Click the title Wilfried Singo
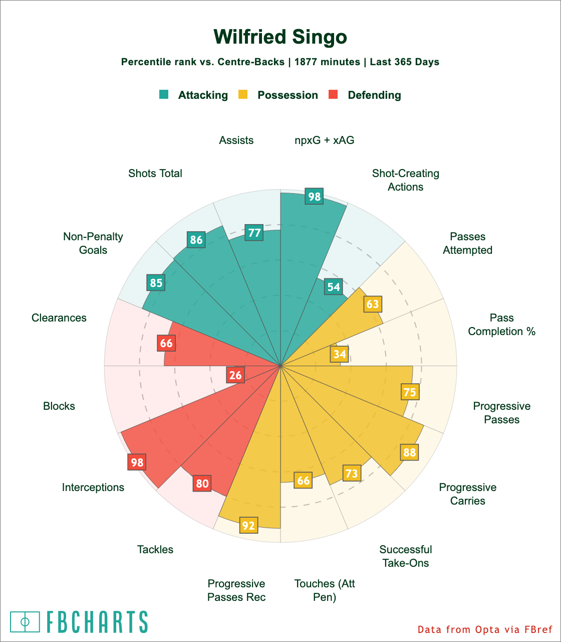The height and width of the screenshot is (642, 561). (x=280, y=37)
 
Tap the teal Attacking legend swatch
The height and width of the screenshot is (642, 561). (x=164, y=94)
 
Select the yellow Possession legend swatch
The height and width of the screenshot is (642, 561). (x=243, y=94)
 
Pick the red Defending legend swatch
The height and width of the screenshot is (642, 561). (x=333, y=94)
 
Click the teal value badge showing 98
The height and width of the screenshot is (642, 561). (x=314, y=197)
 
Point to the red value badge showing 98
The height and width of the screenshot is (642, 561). (x=137, y=462)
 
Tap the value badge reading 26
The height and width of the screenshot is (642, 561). (x=235, y=375)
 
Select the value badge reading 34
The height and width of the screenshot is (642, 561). (x=339, y=354)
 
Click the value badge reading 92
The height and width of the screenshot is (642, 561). (x=248, y=526)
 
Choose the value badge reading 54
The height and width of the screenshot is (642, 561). (x=333, y=287)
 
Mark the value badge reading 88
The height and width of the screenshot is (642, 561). (x=409, y=452)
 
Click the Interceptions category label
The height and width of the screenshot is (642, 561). (x=93, y=487)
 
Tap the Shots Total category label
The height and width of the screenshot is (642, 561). (x=155, y=173)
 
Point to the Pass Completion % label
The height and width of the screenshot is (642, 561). (x=502, y=325)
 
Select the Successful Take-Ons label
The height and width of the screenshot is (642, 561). (x=406, y=556)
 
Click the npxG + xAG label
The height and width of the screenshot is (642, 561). (x=325, y=140)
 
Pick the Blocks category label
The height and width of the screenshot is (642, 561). (x=59, y=406)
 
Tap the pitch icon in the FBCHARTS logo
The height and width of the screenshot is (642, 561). (x=25, y=622)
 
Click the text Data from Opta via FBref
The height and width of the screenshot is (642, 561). (x=484, y=629)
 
